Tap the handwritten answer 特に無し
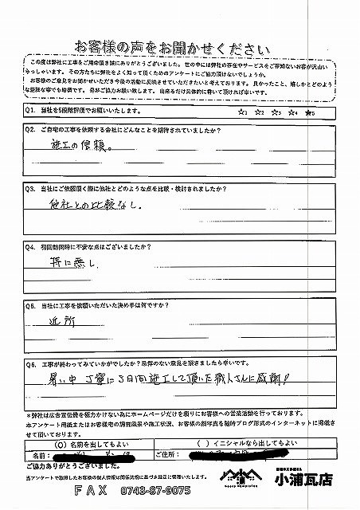[x=72, y=260]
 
